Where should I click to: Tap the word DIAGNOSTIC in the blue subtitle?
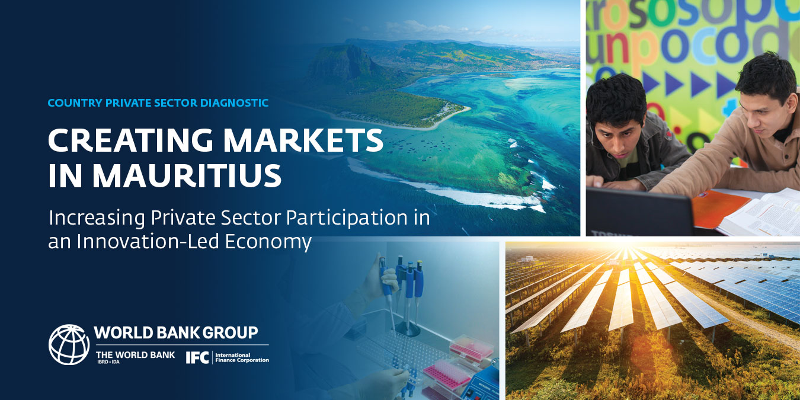pyautogui.click(x=235, y=103)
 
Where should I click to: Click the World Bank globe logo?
pyautogui.click(x=69, y=344)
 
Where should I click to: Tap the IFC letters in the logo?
pyautogui.click(x=197, y=357)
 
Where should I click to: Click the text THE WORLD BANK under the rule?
pyautogui.click(x=135, y=354)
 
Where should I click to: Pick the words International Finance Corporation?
pyautogui.click(x=242, y=357)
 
